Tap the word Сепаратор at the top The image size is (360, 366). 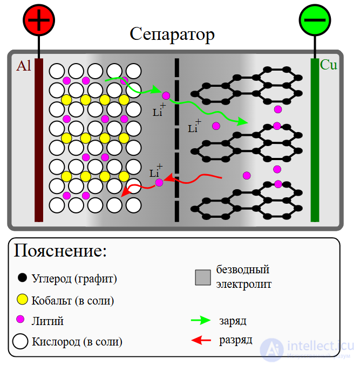172,34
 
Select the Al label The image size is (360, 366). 24,66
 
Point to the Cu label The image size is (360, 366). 328,65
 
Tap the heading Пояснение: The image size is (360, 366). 60,251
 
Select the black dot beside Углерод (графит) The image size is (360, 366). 22,278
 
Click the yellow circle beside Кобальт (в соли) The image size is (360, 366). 22,299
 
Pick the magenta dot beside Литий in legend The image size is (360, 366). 21,319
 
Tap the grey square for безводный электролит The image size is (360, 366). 203,277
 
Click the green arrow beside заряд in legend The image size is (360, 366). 200,320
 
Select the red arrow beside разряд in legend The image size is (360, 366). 200,340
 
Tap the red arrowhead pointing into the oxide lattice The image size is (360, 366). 125,192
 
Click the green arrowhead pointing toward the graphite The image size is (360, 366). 244,122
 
